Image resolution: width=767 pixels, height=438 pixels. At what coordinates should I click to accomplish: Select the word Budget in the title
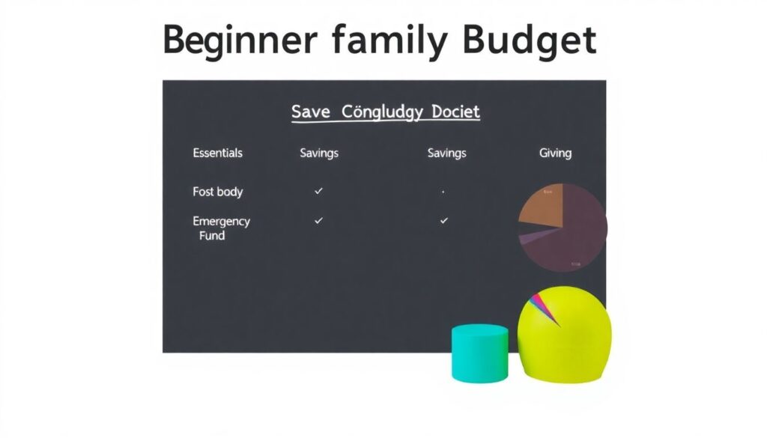coord(529,41)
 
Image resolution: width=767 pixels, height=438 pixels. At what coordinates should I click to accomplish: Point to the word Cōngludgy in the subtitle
coord(382,113)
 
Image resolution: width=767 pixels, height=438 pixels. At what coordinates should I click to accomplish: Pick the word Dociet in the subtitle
coord(455,112)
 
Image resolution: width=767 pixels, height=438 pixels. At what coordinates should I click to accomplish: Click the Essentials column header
coord(218,153)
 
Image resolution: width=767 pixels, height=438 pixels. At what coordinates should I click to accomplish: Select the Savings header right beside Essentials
coord(319,153)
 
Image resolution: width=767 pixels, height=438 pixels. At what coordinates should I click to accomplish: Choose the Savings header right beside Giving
coord(446,153)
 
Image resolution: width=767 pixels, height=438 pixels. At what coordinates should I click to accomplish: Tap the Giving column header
coord(555,153)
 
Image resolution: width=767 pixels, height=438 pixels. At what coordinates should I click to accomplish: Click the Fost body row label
coord(218,192)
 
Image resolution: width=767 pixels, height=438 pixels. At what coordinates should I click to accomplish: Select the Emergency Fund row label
coord(221,228)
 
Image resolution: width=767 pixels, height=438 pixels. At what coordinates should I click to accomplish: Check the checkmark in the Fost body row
coord(319,192)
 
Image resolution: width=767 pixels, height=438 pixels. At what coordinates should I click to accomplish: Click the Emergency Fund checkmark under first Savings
coord(319,221)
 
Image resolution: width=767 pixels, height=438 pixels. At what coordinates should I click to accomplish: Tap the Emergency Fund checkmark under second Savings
coord(444,221)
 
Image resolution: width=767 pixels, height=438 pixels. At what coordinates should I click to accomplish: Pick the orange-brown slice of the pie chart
coord(541,207)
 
